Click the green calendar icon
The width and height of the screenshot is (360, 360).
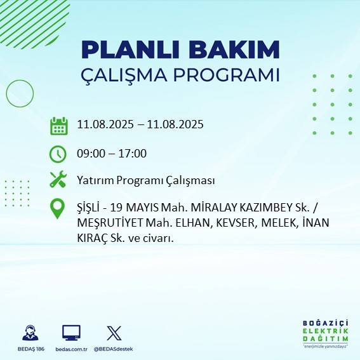(58, 125)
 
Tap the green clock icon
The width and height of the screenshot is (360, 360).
(58, 154)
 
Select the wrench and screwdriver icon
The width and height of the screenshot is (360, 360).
(58, 180)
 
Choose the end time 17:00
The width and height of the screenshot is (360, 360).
(134, 153)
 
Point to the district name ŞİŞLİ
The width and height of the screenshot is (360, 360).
(88, 207)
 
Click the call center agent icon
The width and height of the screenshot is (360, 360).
(30, 333)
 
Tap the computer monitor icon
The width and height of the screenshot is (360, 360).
(71, 333)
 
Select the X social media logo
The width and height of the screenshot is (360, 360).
(114, 333)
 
